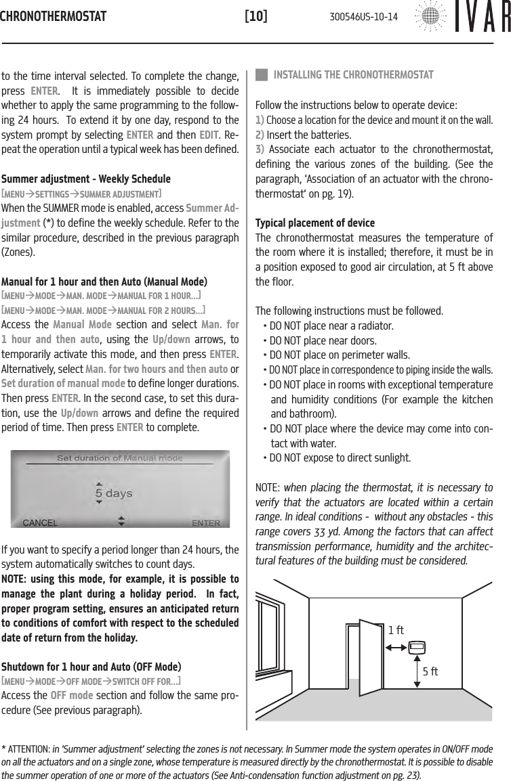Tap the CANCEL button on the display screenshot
(x=41, y=522)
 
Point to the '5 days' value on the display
(x=113, y=493)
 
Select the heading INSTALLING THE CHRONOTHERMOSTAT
(x=352, y=74)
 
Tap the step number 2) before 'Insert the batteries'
(x=260, y=135)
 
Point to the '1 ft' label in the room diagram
(x=396, y=630)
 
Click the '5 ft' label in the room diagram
(x=430, y=672)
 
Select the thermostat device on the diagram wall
(x=417, y=647)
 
